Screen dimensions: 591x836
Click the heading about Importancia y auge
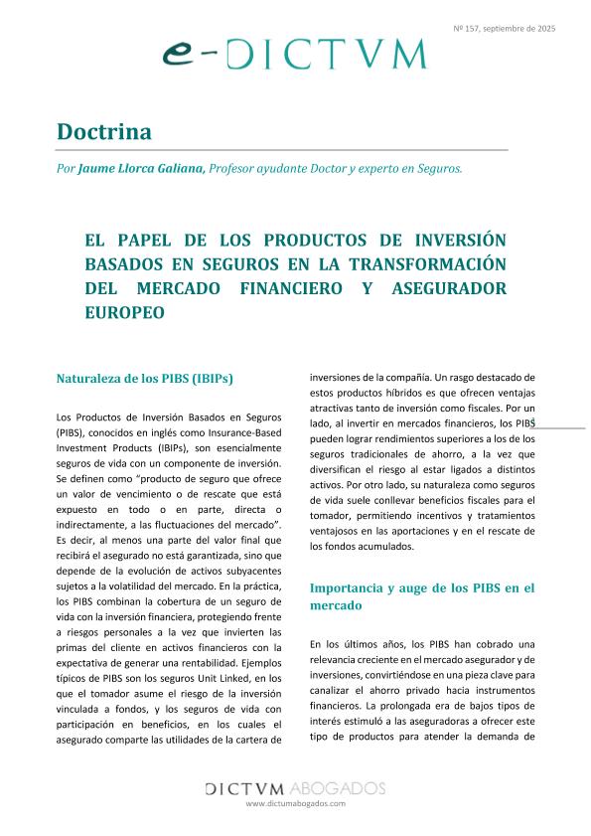click(x=422, y=595)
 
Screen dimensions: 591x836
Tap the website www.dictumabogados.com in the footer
click(x=295, y=802)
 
